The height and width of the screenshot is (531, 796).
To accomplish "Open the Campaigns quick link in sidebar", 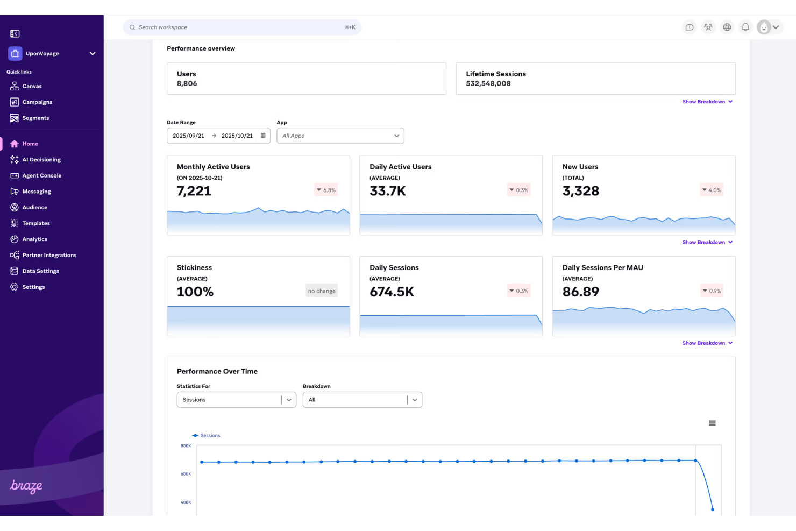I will pos(37,102).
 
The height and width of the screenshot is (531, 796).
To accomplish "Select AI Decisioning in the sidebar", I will pos(41,160).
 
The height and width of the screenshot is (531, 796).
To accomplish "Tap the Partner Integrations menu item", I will pos(49,255).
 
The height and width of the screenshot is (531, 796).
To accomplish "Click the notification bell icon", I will pos(745,27).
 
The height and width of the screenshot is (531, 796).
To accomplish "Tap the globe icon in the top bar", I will pos(727,27).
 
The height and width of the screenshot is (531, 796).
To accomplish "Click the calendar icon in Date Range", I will pos(263,136).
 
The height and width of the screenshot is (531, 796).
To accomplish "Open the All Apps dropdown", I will pos(340,136).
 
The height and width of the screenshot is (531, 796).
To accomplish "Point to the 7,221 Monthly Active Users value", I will pos(194,191).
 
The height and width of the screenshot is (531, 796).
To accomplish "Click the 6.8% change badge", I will pos(326,190).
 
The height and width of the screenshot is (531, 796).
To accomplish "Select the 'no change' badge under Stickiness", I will pos(322,291).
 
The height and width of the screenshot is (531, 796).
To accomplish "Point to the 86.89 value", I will pos(580,292).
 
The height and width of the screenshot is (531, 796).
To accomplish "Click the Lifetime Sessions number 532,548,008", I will pos(488,84).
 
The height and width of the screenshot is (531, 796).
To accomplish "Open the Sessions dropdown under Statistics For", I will pos(236,400).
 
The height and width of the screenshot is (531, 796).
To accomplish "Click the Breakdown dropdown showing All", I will pos(362,400).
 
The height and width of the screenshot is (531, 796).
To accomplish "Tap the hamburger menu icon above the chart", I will pos(712,423).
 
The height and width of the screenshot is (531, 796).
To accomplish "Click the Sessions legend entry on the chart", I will pos(207,436).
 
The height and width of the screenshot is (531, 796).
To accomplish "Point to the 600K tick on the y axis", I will pos(186,474).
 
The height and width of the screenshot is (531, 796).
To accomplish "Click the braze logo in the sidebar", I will pos(26,486).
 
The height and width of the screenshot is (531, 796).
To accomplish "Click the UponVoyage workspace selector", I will pos(52,54).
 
